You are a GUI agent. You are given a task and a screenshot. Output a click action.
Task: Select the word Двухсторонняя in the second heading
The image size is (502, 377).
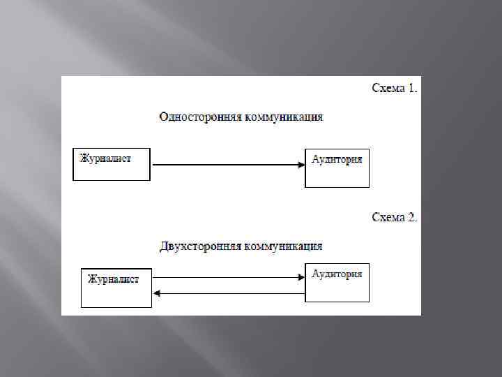tap(199, 246)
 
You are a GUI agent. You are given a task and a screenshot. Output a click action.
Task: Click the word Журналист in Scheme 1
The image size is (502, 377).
tap(105, 158)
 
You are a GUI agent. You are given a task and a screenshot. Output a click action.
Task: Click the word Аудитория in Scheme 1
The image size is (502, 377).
tap(337, 159)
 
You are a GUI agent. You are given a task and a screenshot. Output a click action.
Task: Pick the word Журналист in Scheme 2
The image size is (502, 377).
tap(113, 279)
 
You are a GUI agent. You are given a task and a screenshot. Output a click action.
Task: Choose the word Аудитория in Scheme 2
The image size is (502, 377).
tap(337, 274)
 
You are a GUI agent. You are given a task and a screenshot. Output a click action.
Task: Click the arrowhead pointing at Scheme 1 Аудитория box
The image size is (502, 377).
tap(301, 165)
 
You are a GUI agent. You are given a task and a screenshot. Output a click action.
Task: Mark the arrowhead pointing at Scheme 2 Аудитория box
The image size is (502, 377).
tap(301, 278)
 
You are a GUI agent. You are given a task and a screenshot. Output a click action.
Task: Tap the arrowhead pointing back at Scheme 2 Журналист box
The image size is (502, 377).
tap(157, 293)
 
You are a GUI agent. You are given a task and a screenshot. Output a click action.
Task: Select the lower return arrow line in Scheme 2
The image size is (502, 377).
tap(230, 293)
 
